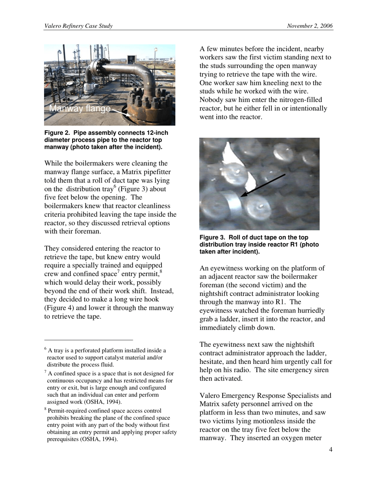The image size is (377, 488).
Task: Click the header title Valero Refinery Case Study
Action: [79, 26]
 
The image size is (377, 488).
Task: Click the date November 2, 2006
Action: [310, 26]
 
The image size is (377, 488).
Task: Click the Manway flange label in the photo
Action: [80, 109]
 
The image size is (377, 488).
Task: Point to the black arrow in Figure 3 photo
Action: [263, 185]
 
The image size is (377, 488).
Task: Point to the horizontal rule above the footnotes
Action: [88, 340]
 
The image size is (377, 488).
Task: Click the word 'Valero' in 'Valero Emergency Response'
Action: [210, 396]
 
